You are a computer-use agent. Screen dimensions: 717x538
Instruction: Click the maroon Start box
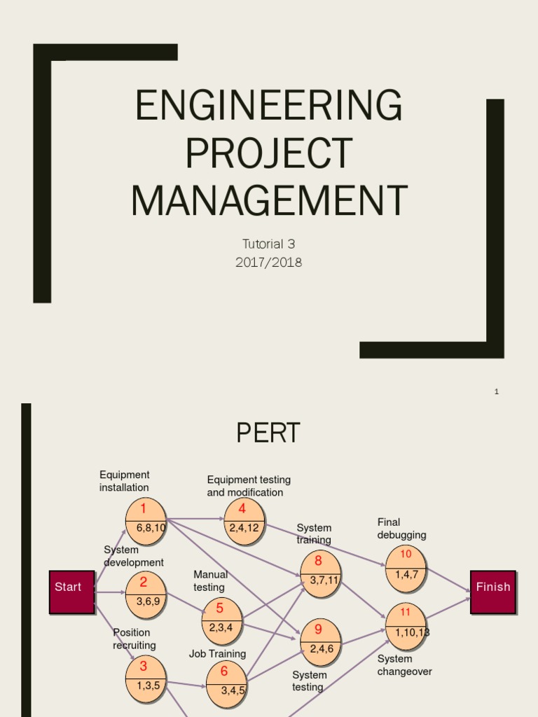pos(71,592)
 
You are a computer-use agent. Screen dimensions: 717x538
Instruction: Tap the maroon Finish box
pos(492,592)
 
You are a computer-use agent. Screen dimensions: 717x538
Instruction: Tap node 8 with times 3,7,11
pos(320,573)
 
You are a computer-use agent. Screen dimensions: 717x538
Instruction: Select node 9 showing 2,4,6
pos(320,642)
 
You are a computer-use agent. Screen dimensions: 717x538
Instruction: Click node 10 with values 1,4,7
pos(406,568)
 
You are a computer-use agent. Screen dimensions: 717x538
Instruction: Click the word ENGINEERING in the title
pos(268,106)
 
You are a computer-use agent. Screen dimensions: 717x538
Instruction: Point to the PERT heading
pos(268,433)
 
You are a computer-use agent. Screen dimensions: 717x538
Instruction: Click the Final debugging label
pos(401,529)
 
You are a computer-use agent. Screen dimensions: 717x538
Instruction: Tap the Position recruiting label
pos(134,639)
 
